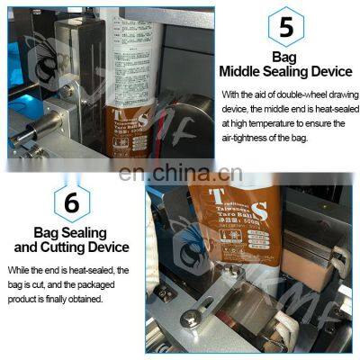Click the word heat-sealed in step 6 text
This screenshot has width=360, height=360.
[97, 271]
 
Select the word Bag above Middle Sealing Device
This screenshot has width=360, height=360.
[285, 58]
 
